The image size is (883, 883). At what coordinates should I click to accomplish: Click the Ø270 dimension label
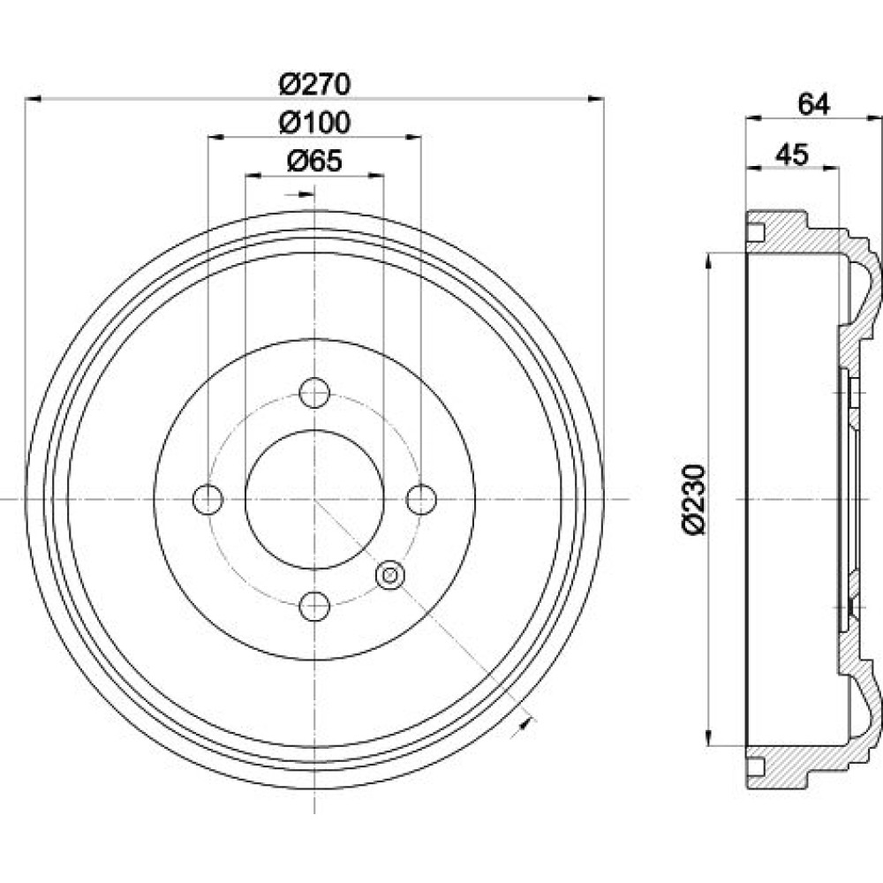[315, 85]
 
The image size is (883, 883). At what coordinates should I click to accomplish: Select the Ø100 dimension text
[315, 122]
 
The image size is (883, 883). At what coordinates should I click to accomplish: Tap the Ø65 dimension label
[315, 162]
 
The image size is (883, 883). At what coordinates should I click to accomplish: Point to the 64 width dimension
[814, 104]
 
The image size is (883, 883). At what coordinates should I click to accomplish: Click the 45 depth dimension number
[792, 155]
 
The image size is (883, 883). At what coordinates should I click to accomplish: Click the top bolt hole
[314, 393]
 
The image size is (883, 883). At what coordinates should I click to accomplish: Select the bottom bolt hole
[314, 606]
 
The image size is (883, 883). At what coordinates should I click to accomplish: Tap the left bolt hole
[208, 499]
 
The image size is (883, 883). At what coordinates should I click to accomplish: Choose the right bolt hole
[421, 499]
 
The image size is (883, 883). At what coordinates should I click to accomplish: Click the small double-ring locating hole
[389, 575]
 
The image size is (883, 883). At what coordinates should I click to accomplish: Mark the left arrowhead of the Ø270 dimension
[34, 99]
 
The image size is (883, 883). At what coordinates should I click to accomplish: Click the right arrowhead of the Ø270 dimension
[596, 99]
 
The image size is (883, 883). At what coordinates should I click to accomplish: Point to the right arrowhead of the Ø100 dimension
[413, 136]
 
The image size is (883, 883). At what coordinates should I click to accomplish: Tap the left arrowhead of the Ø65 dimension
[253, 176]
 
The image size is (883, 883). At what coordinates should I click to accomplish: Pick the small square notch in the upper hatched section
[756, 232]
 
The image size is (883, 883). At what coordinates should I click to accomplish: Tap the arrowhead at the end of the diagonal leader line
[525, 725]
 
